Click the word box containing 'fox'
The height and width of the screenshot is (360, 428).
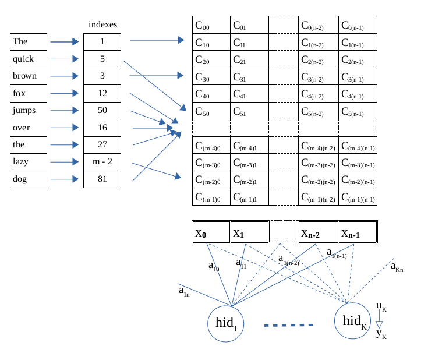tap(28, 93)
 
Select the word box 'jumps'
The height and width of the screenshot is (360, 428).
tap(28, 110)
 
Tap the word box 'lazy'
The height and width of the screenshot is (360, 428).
tap(28, 162)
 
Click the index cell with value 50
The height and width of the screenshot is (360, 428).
tap(102, 110)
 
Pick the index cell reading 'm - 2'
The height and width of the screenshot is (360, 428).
tap(102, 162)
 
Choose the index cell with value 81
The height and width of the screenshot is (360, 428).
tap(102, 179)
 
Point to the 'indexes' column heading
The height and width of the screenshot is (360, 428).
tap(102, 24)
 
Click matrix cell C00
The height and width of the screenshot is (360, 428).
tap(211, 25)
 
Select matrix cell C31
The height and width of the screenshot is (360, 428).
tap(249, 77)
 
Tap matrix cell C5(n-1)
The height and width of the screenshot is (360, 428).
tap(358, 111)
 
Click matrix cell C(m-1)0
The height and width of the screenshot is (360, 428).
tap(211, 197)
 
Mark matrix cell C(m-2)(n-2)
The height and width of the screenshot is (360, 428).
tap(319, 181)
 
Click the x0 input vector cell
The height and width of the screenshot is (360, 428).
tap(211, 232)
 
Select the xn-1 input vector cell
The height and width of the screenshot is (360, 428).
tap(358, 232)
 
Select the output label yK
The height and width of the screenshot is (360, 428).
tap(381, 334)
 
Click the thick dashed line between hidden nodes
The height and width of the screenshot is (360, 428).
tap(289, 325)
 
